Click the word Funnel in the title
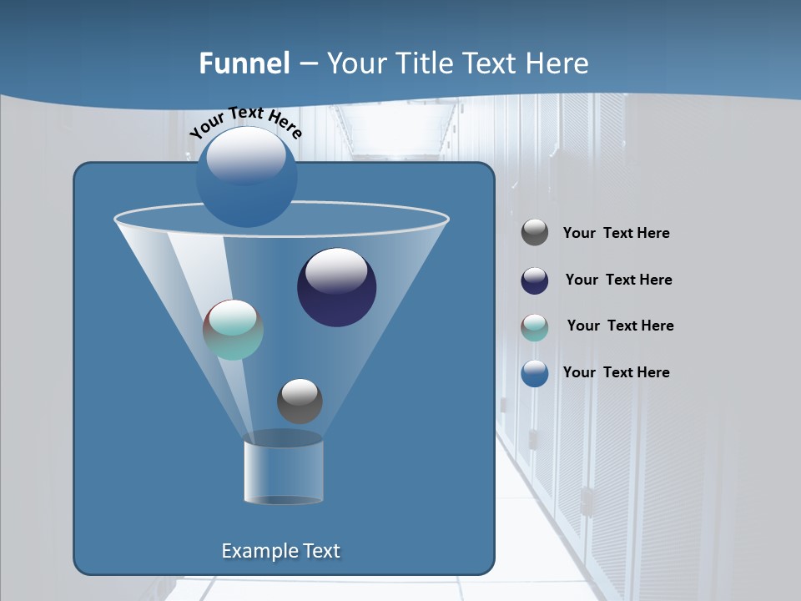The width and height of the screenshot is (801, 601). [x=244, y=63]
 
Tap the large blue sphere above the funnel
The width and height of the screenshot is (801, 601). [x=246, y=177]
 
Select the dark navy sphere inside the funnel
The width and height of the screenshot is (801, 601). [x=337, y=288]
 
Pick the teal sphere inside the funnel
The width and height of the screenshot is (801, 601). [x=234, y=330]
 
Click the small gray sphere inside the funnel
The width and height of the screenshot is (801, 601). [x=300, y=402]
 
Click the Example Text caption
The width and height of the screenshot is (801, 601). [x=280, y=551]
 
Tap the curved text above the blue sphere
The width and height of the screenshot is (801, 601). [x=245, y=121]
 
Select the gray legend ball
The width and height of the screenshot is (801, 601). [x=535, y=233]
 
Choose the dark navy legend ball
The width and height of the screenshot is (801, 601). [x=535, y=280]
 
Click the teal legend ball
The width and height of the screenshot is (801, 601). [x=535, y=327]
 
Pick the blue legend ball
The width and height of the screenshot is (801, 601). [x=535, y=373]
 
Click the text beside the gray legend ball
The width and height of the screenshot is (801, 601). [x=616, y=234]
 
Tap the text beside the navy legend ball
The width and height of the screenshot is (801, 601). [x=618, y=280]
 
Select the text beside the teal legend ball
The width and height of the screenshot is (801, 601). [x=620, y=326]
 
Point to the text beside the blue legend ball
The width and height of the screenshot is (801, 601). [x=616, y=373]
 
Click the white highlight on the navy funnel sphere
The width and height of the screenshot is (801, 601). [x=336, y=271]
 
